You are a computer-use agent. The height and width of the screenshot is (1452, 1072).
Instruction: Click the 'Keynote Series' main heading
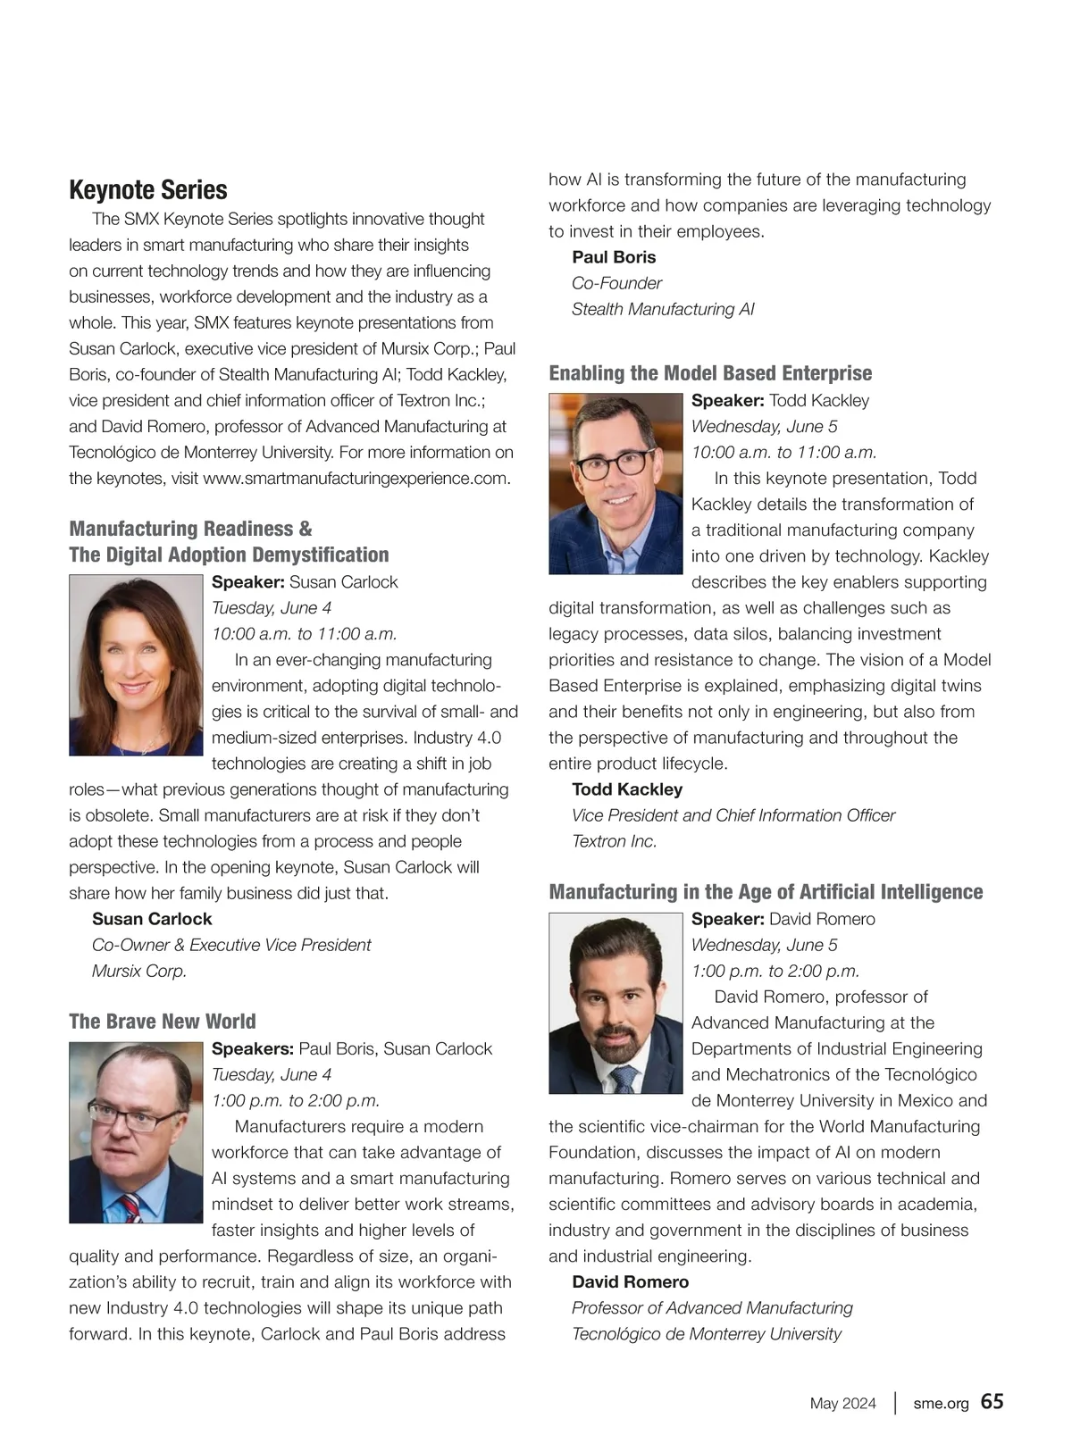[x=148, y=190]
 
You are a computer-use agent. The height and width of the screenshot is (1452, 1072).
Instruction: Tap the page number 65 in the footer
[x=992, y=1401]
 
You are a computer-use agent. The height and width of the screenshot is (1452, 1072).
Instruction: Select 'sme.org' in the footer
[x=941, y=1403]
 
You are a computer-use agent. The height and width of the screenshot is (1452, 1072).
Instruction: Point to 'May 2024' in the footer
[x=842, y=1403]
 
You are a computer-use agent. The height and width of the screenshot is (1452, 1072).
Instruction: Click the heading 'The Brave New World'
[x=163, y=1022]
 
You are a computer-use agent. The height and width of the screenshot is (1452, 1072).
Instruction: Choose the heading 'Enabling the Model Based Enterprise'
[x=710, y=373]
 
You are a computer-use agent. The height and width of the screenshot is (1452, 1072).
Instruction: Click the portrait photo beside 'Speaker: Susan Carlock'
[x=136, y=665]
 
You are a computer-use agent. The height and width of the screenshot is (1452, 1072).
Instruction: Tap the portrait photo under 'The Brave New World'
[x=136, y=1132]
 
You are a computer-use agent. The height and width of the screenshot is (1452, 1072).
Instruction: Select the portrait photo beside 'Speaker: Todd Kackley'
[x=616, y=484]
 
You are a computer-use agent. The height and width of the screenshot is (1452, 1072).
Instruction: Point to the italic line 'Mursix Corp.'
[x=139, y=971]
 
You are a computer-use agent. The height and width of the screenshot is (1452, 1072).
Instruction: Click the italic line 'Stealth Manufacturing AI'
[x=663, y=309]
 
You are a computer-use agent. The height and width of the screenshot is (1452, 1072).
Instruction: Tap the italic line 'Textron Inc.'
[x=615, y=841]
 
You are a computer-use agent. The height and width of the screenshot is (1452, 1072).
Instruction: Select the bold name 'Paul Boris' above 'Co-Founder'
[x=614, y=257]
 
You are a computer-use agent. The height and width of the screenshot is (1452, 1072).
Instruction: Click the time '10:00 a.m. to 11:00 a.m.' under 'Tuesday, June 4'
[x=305, y=634]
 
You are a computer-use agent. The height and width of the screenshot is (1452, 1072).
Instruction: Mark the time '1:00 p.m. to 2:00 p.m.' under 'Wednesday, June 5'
[x=775, y=971]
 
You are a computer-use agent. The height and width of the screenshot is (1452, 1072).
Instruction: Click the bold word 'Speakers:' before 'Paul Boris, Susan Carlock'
[x=253, y=1048]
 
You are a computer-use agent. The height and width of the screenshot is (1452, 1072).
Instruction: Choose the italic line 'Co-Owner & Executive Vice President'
[x=231, y=945]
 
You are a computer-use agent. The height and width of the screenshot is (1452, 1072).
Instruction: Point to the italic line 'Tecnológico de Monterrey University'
[x=707, y=1333]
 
